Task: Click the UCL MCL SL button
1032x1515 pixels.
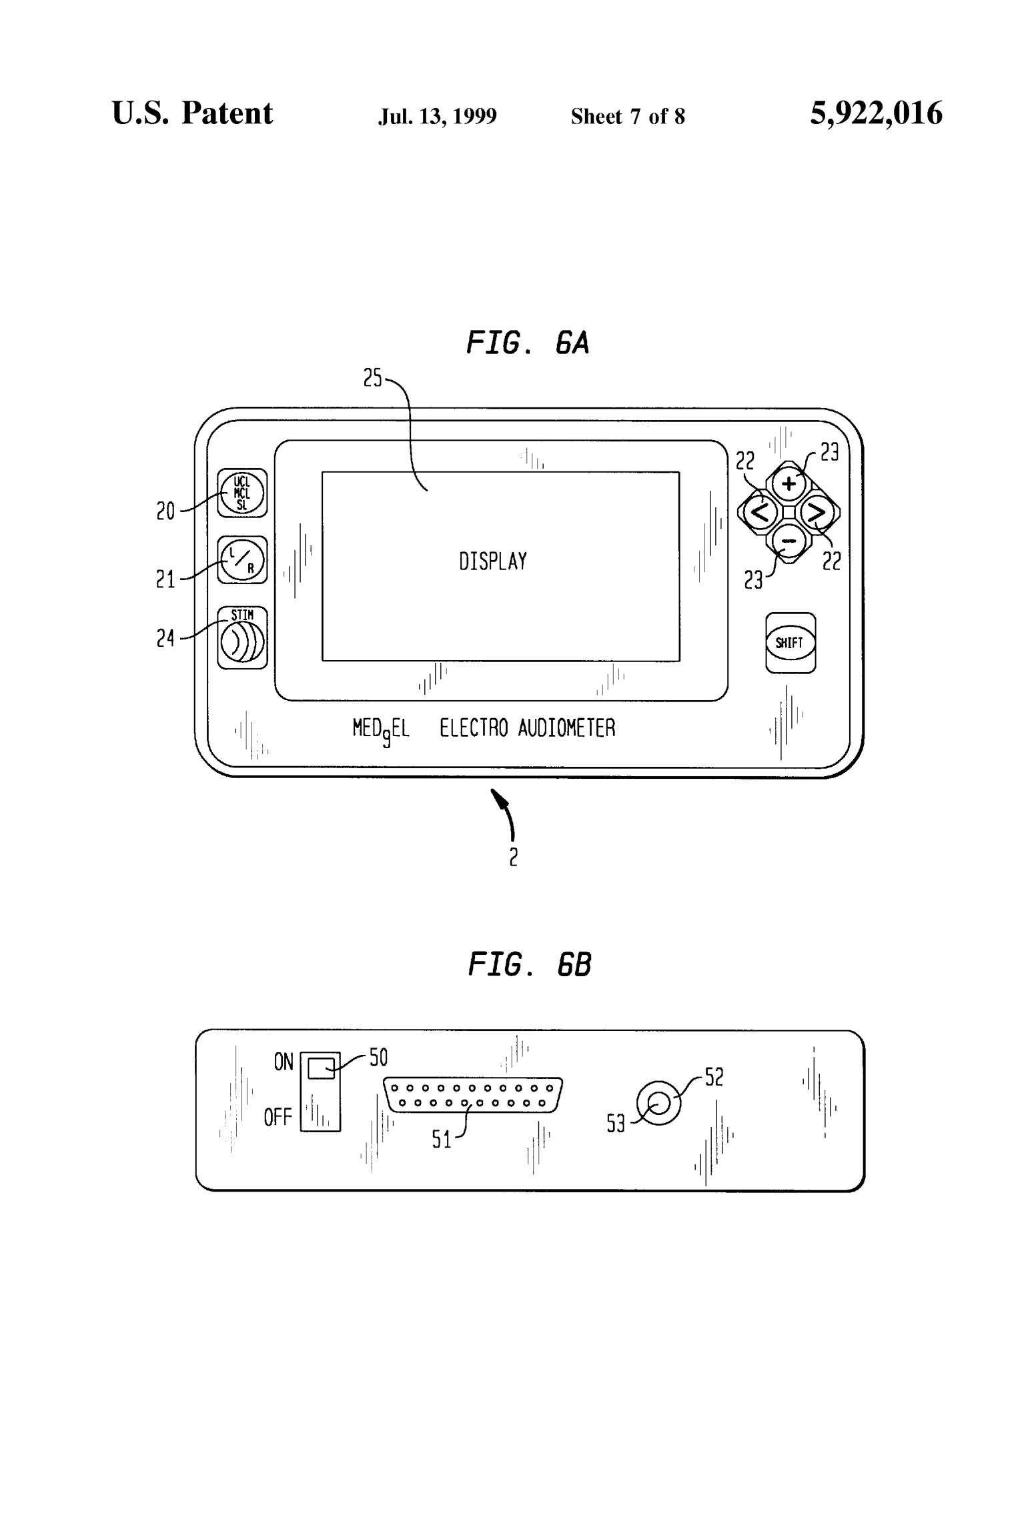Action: [x=242, y=493]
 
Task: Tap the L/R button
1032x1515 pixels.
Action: [x=242, y=560]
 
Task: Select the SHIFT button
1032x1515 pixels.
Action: [x=790, y=643]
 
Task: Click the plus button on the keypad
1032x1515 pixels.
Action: [x=789, y=483]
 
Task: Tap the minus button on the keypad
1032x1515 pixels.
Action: [x=789, y=541]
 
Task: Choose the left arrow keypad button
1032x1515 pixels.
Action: [x=760, y=512]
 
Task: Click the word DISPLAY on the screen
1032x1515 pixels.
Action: [x=493, y=561]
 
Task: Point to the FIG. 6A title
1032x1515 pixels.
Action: [x=527, y=343]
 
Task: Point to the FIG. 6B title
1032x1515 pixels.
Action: [x=530, y=964]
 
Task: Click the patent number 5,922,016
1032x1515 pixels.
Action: [x=876, y=113]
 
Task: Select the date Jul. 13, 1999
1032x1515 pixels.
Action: [x=437, y=117]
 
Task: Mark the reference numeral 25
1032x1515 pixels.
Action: [x=372, y=378]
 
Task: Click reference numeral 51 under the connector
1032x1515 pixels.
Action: [x=442, y=1140]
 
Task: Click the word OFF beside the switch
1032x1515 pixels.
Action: [x=278, y=1117]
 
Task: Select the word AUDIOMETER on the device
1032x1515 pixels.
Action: [x=566, y=727]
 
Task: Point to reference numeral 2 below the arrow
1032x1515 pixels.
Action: [x=513, y=857]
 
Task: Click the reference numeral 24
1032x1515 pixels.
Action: [x=165, y=638]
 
